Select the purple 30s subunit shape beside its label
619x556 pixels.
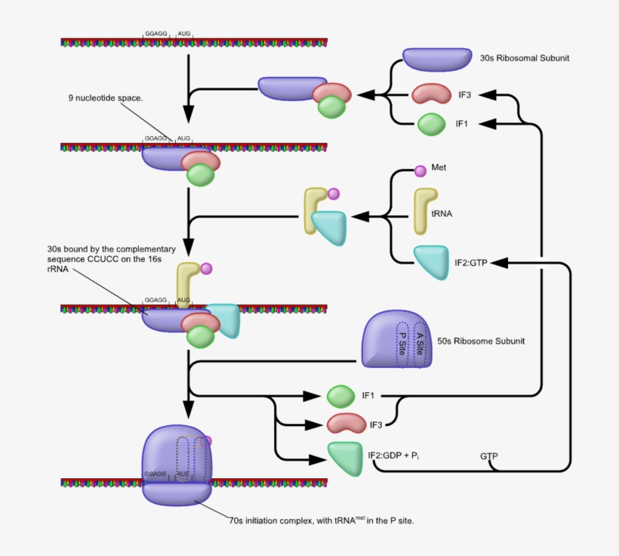[436, 60]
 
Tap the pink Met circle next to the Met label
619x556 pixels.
[420, 171]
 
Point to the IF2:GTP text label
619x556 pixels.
[473, 263]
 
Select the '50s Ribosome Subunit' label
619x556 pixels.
[481, 341]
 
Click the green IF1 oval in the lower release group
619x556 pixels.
[341, 395]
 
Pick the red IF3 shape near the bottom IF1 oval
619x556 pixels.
[346, 424]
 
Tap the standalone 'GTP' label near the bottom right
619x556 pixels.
[489, 456]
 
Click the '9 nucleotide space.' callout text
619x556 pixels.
[105, 98]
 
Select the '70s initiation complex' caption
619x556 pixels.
[321, 520]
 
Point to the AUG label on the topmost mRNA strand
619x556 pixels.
[183, 34]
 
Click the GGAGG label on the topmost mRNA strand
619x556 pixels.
[156, 34]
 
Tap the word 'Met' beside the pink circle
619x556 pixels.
[439, 167]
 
